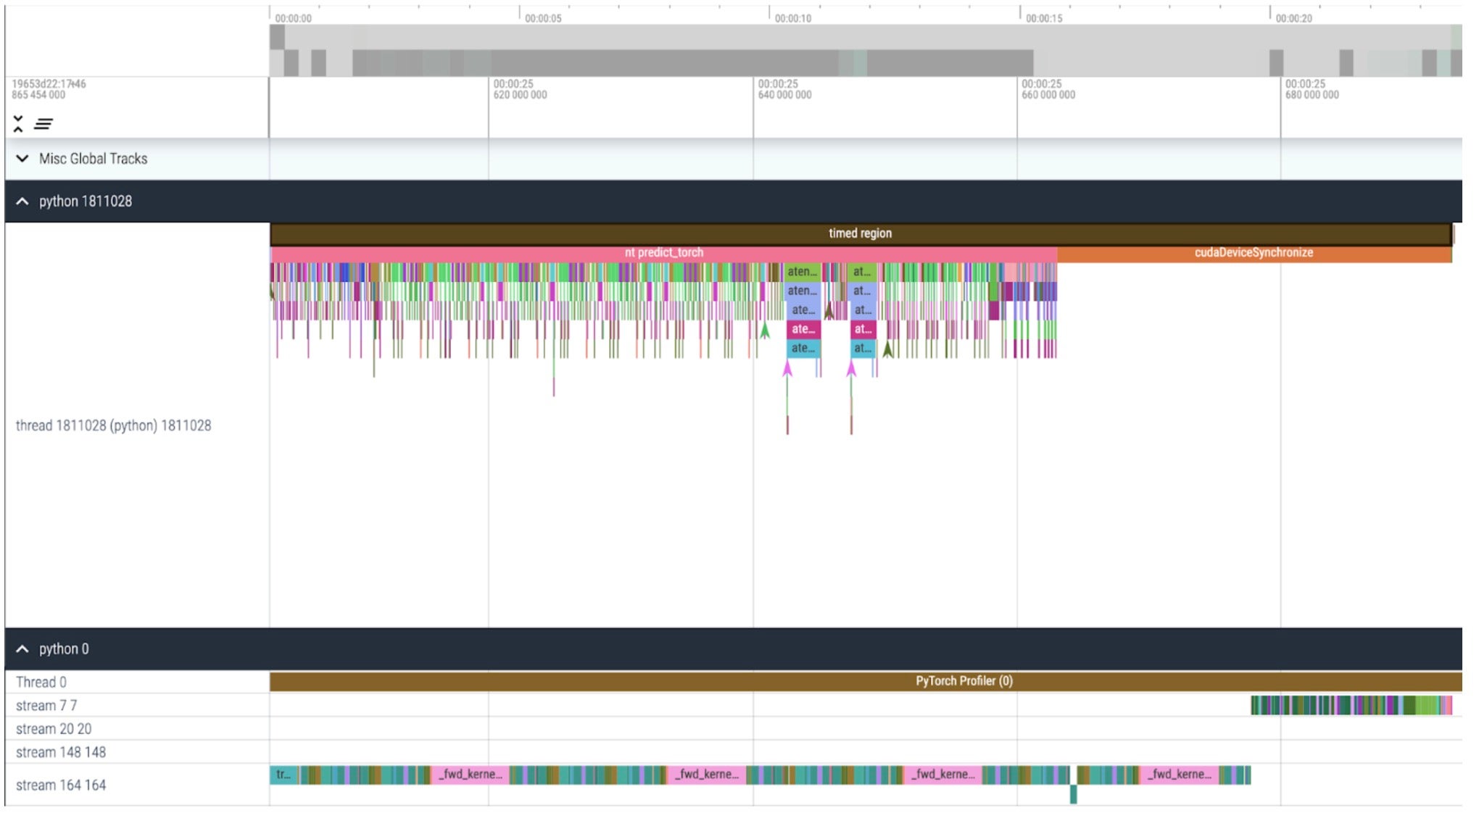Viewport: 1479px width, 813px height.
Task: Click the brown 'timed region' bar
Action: point(860,233)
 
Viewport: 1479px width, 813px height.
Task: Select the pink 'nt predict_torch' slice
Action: point(663,253)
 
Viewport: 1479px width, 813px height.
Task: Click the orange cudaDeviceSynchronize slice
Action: point(1254,253)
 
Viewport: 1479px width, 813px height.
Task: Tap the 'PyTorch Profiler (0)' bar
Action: point(964,681)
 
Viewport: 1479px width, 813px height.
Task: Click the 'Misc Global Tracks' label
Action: point(93,159)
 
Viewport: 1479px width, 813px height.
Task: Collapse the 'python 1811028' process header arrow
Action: point(22,201)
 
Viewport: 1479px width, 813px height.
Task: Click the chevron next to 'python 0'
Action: point(22,649)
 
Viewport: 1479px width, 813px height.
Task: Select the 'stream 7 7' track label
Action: point(46,705)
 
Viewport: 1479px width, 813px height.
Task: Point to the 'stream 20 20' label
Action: point(54,729)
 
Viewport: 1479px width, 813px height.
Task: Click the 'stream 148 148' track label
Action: point(61,752)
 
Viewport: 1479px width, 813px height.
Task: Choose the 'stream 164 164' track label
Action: point(61,785)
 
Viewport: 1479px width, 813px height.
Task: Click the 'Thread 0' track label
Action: point(41,682)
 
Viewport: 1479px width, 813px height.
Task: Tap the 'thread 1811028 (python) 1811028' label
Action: point(113,425)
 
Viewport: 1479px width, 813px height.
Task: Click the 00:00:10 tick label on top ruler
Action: point(792,18)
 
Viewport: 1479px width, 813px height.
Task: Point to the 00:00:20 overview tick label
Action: point(1293,18)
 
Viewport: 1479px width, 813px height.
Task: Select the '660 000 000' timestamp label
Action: point(1048,95)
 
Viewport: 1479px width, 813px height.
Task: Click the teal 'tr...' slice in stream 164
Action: point(283,775)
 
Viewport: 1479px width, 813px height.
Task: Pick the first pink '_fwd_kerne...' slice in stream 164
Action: point(470,775)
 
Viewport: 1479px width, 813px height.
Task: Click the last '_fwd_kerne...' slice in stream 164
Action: point(1178,775)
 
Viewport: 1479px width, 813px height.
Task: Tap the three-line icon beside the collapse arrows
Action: point(43,124)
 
